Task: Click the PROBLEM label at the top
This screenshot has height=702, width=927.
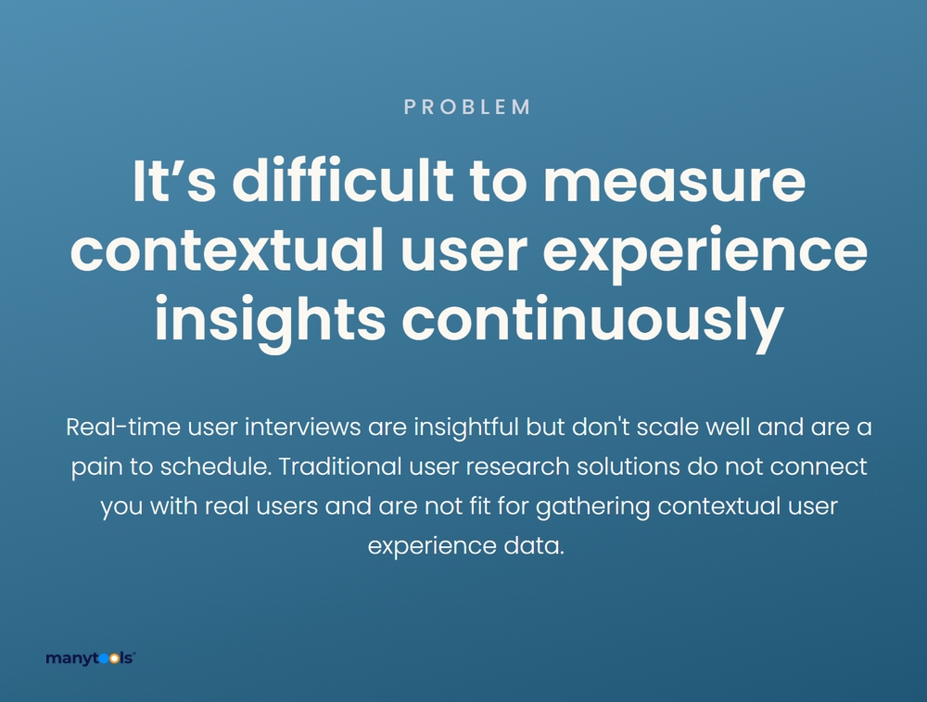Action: click(467, 107)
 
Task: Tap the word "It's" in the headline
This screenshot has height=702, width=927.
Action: click(174, 181)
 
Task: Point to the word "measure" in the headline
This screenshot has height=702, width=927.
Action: click(675, 184)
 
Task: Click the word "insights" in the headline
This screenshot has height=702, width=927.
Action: click(270, 319)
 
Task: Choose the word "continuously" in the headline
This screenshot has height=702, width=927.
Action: click(593, 319)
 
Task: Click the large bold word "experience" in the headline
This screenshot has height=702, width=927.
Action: click(705, 251)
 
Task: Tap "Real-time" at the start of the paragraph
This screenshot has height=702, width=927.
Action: click(123, 427)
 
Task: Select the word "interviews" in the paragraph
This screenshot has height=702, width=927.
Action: click(303, 427)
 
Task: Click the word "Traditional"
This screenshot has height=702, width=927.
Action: click(340, 466)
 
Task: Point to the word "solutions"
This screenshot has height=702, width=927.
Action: click(628, 466)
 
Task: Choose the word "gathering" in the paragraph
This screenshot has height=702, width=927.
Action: click(593, 507)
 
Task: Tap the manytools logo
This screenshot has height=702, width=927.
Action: click(91, 658)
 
